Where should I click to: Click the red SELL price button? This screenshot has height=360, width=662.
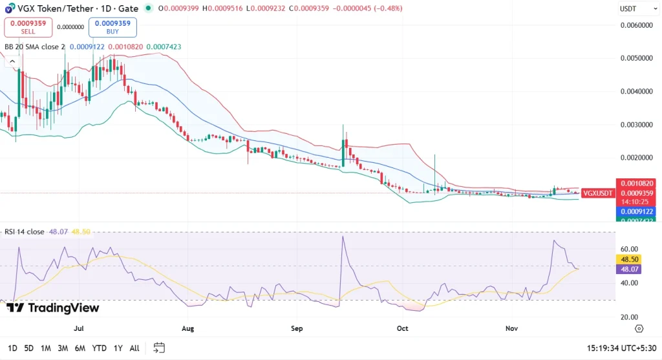coord(28,26)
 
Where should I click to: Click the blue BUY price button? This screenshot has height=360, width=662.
coord(112,26)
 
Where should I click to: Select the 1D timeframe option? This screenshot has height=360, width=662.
coord(13,348)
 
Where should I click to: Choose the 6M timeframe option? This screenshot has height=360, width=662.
coord(80,348)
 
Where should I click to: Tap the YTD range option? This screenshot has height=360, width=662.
coord(99,348)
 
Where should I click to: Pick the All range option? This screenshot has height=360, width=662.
coord(134,348)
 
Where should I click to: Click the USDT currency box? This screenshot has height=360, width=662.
coord(628,9)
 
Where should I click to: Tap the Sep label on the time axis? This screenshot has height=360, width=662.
coord(297,328)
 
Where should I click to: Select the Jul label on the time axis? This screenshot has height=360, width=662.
coord(80,328)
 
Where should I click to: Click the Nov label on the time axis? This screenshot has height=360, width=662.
coord(511,328)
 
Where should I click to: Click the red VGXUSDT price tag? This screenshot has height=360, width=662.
coord(597,193)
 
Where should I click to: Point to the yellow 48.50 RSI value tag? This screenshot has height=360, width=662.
coord(629,259)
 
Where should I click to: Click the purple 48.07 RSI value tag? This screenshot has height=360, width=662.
coord(629,268)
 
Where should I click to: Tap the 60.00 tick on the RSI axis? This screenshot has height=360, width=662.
coord(629,249)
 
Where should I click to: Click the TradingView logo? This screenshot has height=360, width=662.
coord(53,308)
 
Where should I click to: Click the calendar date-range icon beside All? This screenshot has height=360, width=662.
coord(159,348)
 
